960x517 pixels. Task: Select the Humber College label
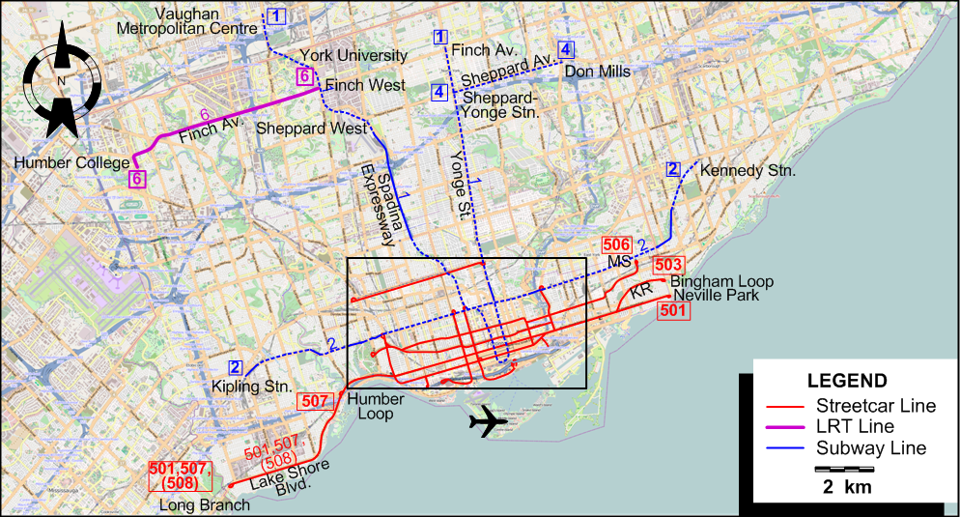tap(71, 163)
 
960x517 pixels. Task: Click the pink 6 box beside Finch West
tap(304, 76)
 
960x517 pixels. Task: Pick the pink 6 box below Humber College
tap(138, 179)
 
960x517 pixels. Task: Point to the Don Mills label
tap(597, 72)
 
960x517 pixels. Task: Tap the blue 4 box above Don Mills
tap(566, 49)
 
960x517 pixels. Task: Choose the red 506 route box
tap(616, 244)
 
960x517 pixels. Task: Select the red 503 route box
tap(669, 264)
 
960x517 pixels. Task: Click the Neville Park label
tap(717, 296)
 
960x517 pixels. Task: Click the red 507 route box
tap(315, 401)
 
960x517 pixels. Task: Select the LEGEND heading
tap(846, 381)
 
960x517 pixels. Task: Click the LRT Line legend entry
tap(868, 426)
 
